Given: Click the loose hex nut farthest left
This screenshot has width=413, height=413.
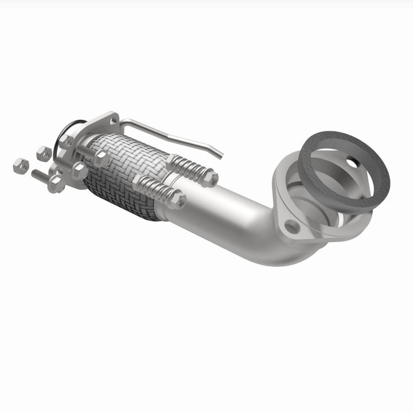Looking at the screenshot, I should point(21,166).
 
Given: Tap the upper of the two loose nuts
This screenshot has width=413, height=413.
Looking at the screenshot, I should point(44,153).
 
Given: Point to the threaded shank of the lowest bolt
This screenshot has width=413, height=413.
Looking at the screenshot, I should point(40,176).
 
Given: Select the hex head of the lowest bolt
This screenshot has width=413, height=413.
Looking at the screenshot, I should point(56,184).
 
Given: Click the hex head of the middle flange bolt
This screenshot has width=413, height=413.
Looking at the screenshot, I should point(79,171).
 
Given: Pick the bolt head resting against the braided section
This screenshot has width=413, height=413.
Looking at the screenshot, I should point(100,158).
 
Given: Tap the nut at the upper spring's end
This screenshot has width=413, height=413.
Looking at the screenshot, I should point(209,178).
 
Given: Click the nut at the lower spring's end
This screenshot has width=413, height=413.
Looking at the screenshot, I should point(177,200).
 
